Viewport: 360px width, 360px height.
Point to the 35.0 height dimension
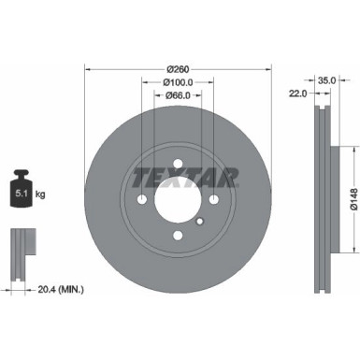coord(326,80)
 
